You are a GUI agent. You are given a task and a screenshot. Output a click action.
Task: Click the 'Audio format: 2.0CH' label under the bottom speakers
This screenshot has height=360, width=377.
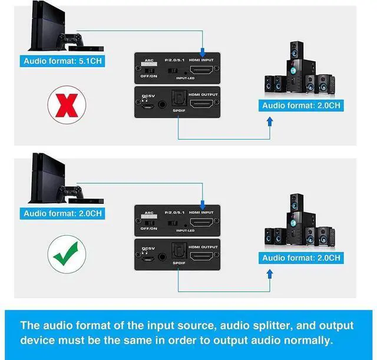[302, 258]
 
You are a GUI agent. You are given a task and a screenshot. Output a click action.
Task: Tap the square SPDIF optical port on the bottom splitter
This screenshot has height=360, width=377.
[175, 253]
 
